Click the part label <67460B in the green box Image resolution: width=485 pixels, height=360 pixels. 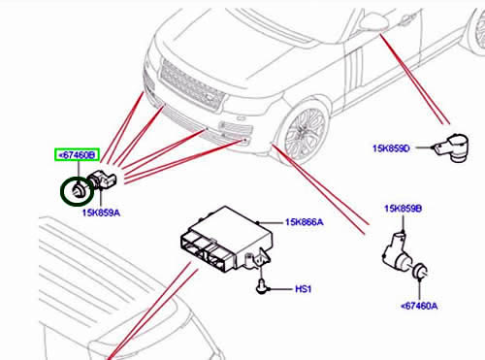click(x=77, y=155)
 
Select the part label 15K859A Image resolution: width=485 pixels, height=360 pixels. click(x=101, y=213)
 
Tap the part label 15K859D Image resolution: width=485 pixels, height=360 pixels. click(x=391, y=148)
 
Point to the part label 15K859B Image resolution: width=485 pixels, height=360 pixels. click(x=403, y=209)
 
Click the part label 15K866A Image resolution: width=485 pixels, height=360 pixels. click(x=304, y=222)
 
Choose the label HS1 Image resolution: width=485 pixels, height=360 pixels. click(x=303, y=289)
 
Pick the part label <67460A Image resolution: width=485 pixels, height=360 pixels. click(x=419, y=306)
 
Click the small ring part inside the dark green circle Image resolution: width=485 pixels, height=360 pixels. click(x=79, y=190)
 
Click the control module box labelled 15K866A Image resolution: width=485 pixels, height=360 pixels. click(x=226, y=239)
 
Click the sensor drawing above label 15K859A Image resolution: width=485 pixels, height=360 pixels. click(x=102, y=179)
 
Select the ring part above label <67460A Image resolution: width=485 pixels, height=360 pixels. click(x=421, y=271)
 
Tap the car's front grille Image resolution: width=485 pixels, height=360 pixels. click(x=192, y=84)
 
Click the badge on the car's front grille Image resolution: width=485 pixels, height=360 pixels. click(x=210, y=96)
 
